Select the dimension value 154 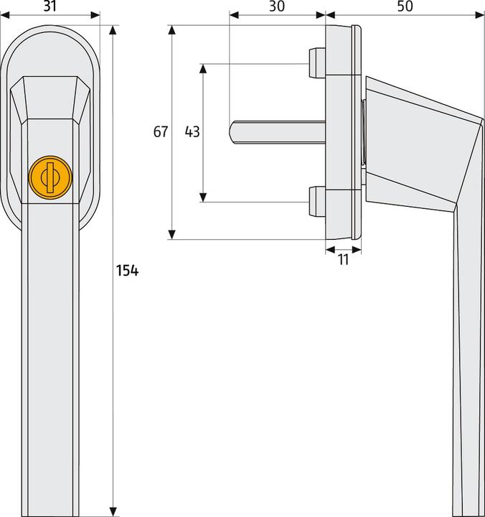[x=126, y=271]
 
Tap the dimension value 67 [x=160, y=132]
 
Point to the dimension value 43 [x=192, y=132]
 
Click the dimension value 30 [x=277, y=6]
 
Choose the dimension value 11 [x=343, y=260]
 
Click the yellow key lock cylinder [x=49, y=175]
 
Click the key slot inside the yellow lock [x=49, y=175]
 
